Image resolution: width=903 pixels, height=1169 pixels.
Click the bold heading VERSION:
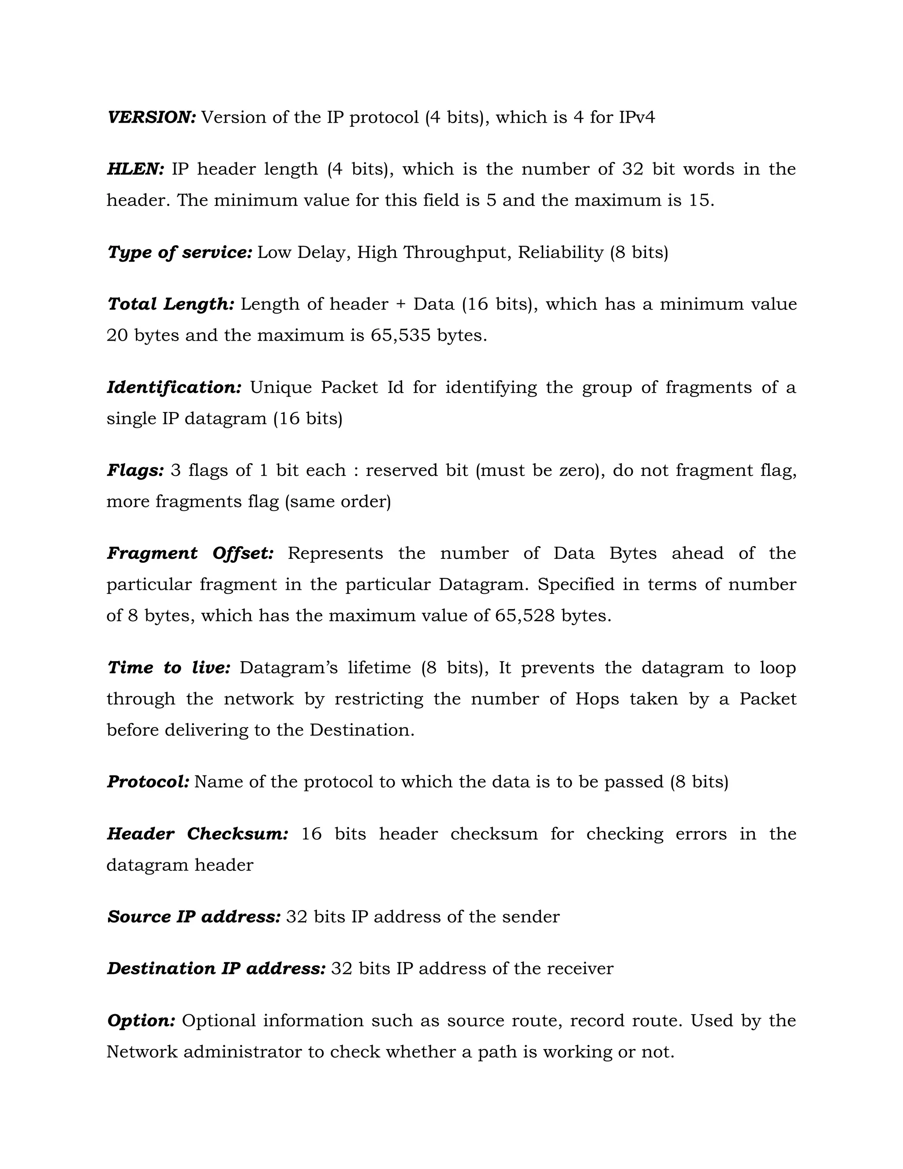152,117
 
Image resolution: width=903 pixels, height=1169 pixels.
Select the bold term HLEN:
136,169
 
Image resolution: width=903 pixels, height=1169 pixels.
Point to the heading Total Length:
171,304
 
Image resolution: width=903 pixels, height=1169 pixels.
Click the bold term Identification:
175,387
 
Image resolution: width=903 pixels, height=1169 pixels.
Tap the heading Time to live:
169,667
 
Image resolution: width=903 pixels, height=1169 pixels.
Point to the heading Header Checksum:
198,833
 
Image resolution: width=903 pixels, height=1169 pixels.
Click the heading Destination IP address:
216,968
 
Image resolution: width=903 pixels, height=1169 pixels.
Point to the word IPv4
637,117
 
